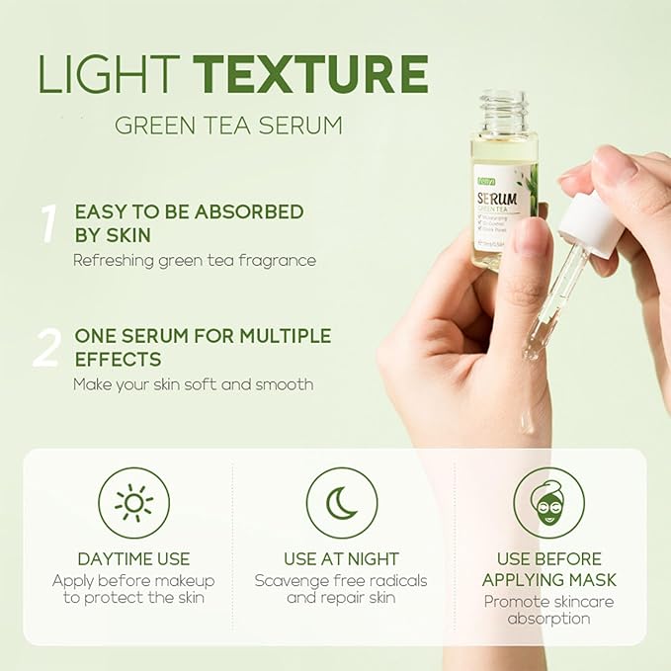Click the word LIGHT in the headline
[110, 74]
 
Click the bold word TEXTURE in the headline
[310, 74]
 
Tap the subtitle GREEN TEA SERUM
[228, 126]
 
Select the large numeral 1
[47, 224]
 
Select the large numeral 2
[47, 348]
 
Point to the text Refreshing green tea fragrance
[195, 260]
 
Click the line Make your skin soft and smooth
[193, 383]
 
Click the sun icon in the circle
[133, 503]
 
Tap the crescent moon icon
[341, 503]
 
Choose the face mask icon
[548, 503]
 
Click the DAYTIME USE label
[133, 559]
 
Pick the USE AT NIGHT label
[341, 559]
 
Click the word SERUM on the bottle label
[498, 197]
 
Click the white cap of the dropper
[591, 224]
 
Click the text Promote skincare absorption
[548, 610]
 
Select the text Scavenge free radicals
[341, 580]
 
